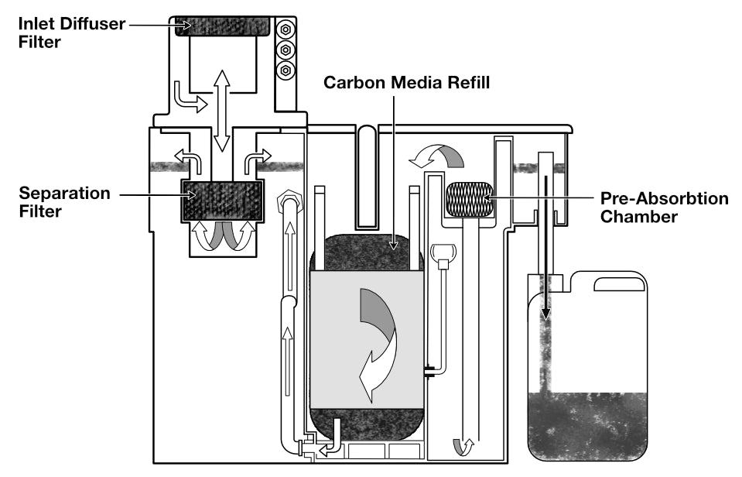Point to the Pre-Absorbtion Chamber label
point(664,208)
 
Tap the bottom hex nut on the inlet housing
point(286,70)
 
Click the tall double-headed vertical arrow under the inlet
point(222,110)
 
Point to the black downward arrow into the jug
point(547,248)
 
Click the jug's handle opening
point(617,284)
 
